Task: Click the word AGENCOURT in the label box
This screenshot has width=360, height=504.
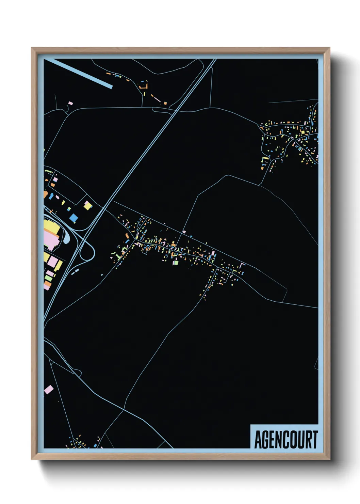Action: [286, 440]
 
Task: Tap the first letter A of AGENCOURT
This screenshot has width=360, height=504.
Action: [258, 440]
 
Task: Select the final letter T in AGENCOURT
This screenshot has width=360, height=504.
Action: [315, 440]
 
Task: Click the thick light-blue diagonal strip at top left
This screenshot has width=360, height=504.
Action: [78, 74]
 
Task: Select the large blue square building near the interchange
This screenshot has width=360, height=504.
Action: [73, 218]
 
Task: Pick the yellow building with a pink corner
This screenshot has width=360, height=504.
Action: [88, 206]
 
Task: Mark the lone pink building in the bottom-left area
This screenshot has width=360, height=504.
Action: [49, 390]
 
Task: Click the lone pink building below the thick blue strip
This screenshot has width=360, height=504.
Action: [70, 103]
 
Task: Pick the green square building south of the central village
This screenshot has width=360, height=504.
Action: [176, 263]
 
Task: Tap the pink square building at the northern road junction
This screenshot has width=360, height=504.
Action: [184, 232]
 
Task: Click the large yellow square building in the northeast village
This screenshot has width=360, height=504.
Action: [302, 132]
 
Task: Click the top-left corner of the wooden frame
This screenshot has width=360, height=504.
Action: [32, 48]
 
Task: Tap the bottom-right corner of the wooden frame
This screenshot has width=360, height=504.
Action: [329, 459]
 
